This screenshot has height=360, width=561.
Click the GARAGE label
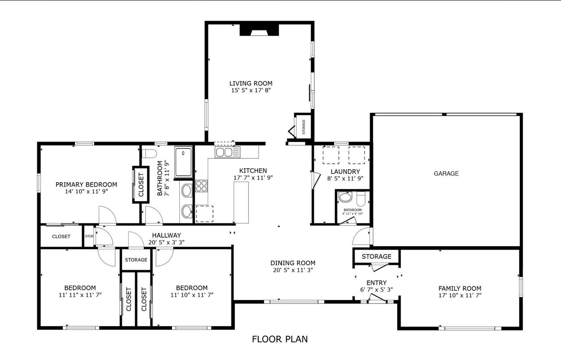point(446,173)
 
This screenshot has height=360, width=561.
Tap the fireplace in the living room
point(259,30)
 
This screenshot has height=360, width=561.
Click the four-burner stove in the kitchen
point(201,186)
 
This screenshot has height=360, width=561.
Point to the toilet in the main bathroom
point(149,154)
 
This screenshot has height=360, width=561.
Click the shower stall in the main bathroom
point(183,162)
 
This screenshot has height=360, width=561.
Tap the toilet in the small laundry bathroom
point(360,199)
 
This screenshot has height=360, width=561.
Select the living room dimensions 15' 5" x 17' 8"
point(251,91)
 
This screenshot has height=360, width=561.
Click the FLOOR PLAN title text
point(280,339)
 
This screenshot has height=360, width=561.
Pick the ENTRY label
point(376,282)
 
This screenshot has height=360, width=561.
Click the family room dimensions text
point(460,296)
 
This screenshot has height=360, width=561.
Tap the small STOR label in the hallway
point(89,236)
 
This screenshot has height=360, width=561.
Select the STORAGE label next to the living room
point(303,127)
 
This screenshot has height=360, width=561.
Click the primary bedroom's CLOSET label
point(141,184)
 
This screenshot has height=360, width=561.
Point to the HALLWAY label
point(166,235)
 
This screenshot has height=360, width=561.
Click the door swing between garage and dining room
point(361,237)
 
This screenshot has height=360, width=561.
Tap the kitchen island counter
point(241,202)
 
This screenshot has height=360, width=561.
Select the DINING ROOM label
point(292,263)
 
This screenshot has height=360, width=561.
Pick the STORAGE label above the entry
point(376,256)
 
